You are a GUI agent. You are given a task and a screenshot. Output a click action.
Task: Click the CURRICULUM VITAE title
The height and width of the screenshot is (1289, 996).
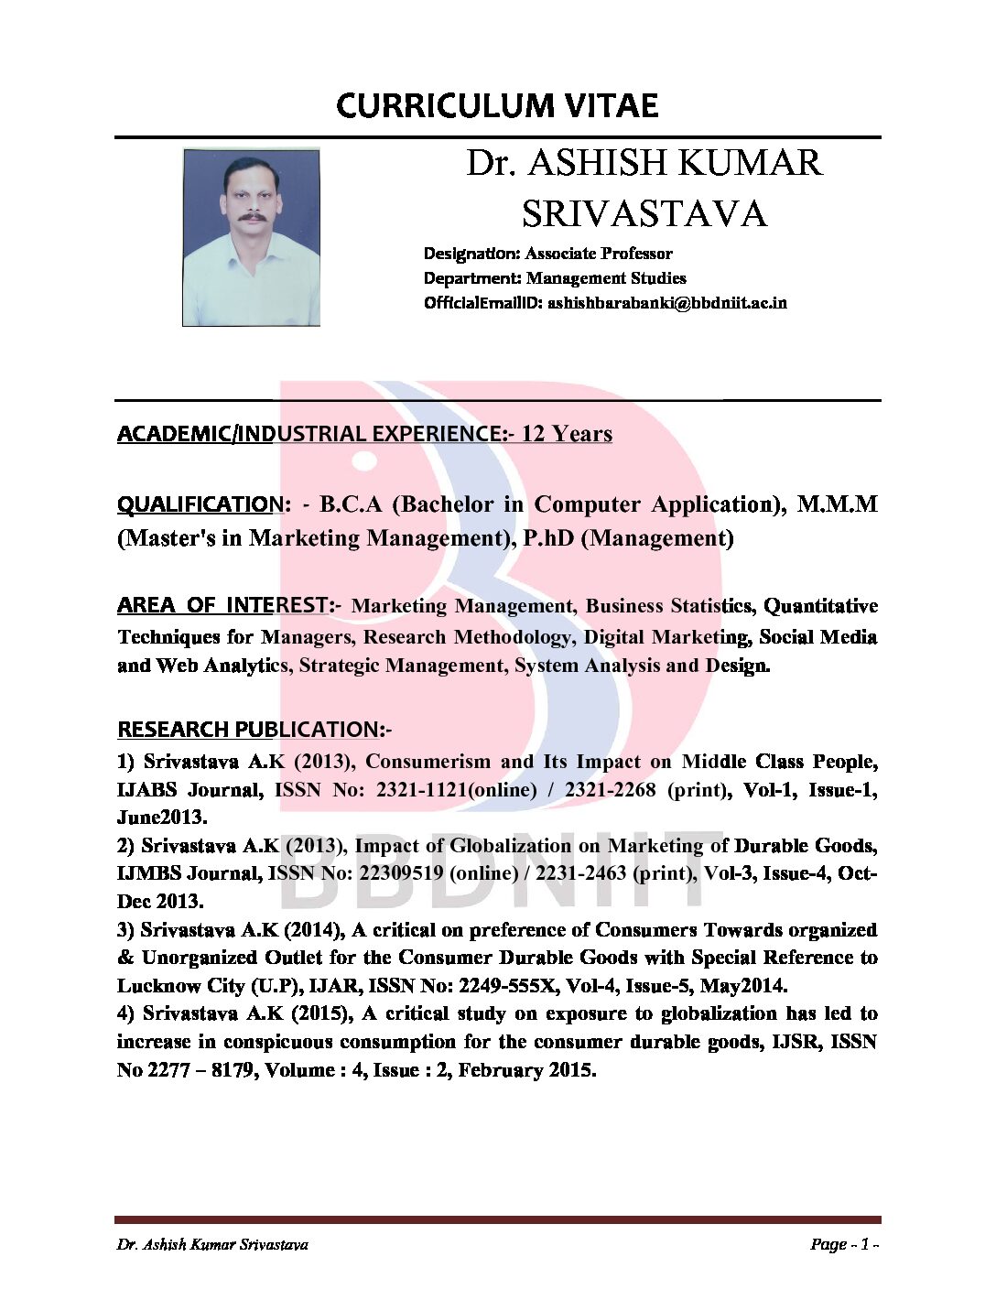coord(497,106)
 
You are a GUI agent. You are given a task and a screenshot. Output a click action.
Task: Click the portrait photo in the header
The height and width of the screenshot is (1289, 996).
coord(251,237)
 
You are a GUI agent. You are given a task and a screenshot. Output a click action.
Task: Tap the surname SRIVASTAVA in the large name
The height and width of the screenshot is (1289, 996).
coord(644,214)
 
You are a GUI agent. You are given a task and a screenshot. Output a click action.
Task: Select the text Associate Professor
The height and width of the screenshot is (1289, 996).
coord(599,254)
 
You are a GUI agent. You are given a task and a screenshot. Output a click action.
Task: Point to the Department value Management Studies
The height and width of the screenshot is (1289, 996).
coord(606,278)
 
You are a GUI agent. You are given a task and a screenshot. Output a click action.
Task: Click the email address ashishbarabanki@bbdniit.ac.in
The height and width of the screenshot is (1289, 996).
coord(666,303)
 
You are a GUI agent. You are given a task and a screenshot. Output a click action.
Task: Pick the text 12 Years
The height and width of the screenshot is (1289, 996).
coord(567,434)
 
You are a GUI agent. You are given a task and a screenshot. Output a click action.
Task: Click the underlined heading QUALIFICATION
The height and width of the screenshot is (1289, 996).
coord(200,504)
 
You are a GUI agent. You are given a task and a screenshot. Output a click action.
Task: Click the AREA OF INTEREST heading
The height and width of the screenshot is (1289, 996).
coord(224,606)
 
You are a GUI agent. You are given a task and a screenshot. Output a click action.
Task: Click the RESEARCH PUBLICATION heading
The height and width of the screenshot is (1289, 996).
coord(253,730)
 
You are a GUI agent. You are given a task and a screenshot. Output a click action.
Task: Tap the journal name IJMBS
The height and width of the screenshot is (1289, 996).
coord(149,873)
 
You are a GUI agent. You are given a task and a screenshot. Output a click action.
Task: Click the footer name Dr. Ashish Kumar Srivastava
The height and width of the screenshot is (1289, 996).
coord(212,1244)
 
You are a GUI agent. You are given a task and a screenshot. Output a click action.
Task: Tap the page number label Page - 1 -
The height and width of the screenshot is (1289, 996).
coord(844,1244)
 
